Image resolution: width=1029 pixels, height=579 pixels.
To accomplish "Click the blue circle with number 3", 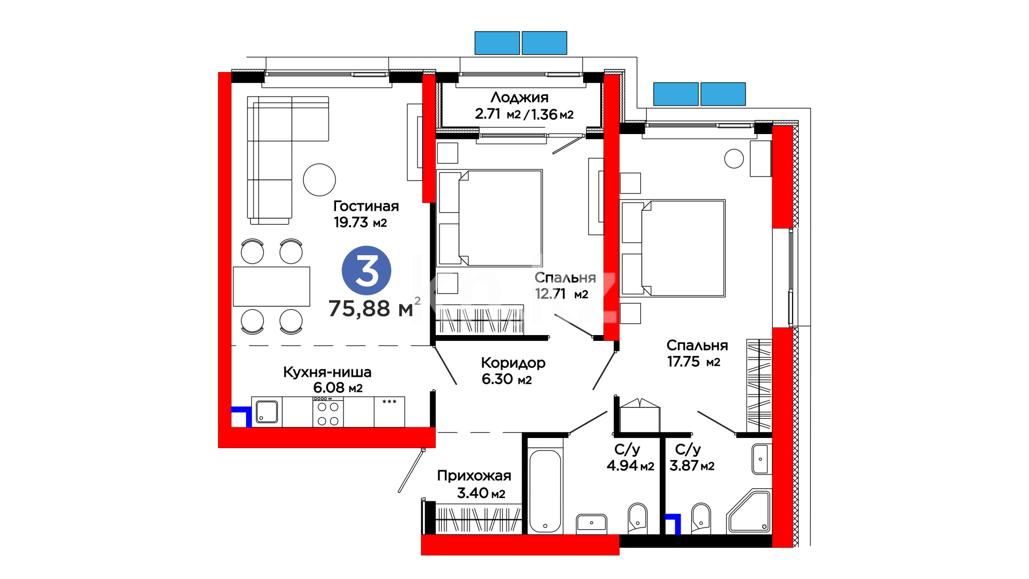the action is click(x=367, y=270).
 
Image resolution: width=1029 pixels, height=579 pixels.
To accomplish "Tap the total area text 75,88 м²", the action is click(x=374, y=308).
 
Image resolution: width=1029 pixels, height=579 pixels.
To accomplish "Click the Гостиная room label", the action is click(x=366, y=206).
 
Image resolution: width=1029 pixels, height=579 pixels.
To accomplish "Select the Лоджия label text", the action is click(x=519, y=98).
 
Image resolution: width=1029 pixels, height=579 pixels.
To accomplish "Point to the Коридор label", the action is click(x=513, y=363).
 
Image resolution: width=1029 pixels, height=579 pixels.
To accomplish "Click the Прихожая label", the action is click(x=474, y=476).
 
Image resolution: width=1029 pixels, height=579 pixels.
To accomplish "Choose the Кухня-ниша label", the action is click(x=327, y=372).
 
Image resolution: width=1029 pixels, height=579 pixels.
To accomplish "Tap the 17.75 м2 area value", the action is click(x=694, y=362).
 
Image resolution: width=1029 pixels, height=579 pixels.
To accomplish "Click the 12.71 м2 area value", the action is click(x=562, y=294).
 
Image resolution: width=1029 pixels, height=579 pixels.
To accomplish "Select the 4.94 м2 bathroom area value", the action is click(x=630, y=466).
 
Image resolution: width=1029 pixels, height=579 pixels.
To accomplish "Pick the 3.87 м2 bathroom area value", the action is click(x=692, y=466).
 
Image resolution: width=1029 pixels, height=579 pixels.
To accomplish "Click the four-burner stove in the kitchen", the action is click(x=328, y=412).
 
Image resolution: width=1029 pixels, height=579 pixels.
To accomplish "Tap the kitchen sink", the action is click(x=266, y=412).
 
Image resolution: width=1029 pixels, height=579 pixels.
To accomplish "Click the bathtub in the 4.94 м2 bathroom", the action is click(x=545, y=491).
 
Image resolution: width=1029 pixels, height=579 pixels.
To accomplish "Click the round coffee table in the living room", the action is click(x=319, y=180).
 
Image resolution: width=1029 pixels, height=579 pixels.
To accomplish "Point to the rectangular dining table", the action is click(x=272, y=286).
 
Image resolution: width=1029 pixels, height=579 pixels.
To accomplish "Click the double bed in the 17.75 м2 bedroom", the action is click(x=673, y=248).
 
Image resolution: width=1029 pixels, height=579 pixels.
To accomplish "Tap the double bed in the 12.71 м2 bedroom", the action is click(x=490, y=218).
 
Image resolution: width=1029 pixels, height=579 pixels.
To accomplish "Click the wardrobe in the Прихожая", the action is click(x=478, y=519).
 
